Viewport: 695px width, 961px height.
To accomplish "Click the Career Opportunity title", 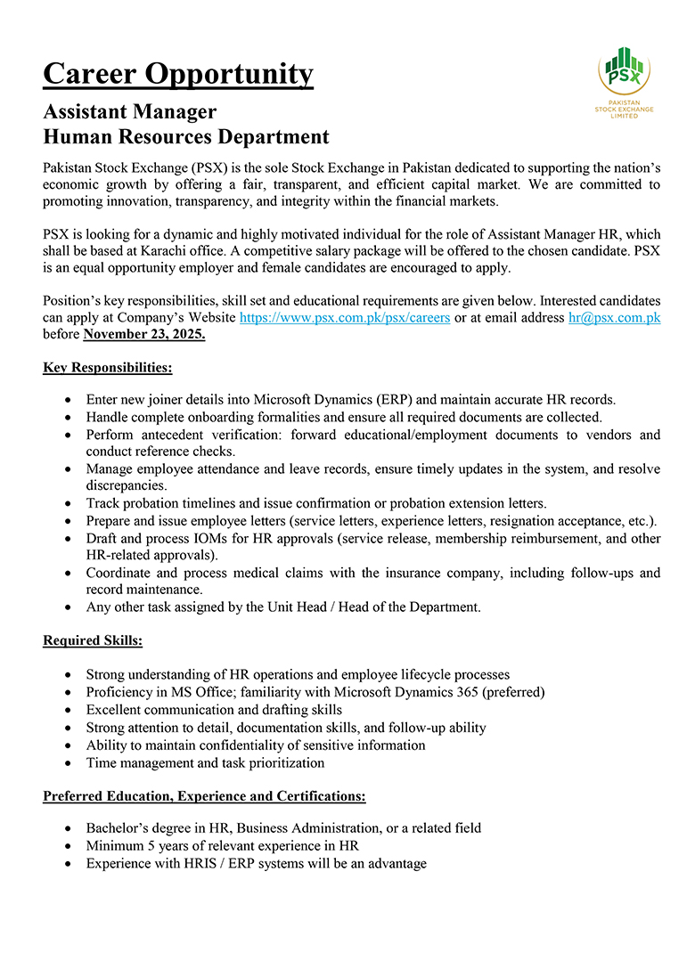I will click(178, 74).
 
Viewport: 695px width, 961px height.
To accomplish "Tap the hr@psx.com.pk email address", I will click(614, 317).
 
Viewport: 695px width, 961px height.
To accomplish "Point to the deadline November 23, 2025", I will click(144, 335).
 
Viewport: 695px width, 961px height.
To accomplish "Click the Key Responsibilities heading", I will click(107, 367).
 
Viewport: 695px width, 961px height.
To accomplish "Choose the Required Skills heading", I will click(93, 639).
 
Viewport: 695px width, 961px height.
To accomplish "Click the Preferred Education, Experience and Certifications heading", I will click(204, 795).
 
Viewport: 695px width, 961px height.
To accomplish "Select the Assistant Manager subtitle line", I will click(130, 112).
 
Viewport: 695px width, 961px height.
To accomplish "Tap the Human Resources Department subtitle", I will click(186, 137).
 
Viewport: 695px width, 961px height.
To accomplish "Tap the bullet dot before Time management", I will click(69, 763).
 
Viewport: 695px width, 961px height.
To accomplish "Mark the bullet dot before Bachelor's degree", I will click(69, 828).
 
